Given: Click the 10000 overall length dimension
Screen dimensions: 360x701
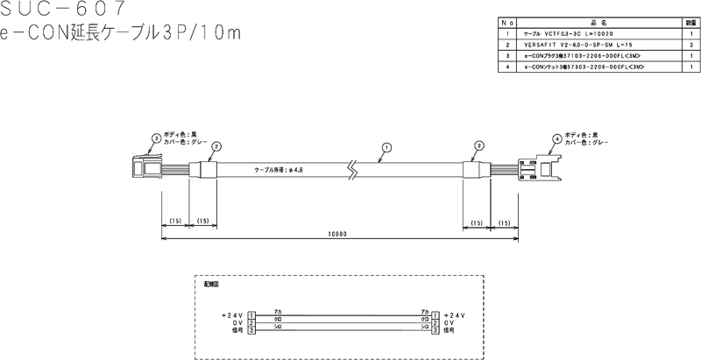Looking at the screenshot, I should (x=337, y=235).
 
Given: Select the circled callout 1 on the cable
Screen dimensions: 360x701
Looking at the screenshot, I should (x=383, y=148).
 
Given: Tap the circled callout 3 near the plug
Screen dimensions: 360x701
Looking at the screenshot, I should (x=156, y=138).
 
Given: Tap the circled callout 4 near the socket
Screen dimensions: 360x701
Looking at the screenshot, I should (x=557, y=138).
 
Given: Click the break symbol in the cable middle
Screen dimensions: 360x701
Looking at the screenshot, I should (x=351, y=167).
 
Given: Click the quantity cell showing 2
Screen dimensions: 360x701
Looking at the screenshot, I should (x=691, y=43).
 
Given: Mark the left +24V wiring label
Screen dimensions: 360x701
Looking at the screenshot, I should (x=233, y=314).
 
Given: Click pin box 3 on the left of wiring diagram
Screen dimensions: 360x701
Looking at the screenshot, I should (x=251, y=330).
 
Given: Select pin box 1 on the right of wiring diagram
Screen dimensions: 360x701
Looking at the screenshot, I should (x=435, y=314).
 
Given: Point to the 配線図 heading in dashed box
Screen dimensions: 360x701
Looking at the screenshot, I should (x=210, y=285).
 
